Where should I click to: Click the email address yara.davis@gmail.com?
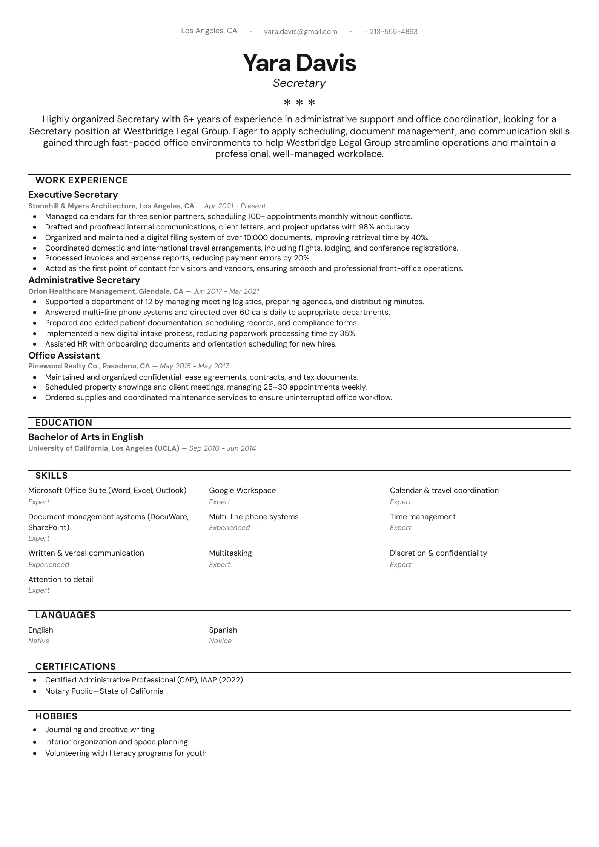click(x=300, y=32)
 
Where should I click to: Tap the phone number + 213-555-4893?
click(x=390, y=32)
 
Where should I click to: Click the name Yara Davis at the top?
click(x=299, y=63)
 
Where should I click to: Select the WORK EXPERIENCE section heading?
click(x=81, y=180)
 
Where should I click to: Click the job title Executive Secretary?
click(x=73, y=195)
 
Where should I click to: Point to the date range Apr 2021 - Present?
click(x=235, y=206)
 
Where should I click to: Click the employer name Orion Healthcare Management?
click(x=81, y=291)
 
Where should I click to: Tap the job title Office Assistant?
click(x=64, y=356)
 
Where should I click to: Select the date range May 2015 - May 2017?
click(x=194, y=366)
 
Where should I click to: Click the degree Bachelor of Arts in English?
click(x=86, y=437)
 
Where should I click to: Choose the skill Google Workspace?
click(x=242, y=490)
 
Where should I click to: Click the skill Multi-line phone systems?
click(x=253, y=517)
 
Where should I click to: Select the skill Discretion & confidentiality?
click(x=438, y=553)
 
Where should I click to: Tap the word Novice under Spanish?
click(x=220, y=641)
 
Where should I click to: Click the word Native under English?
click(x=38, y=641)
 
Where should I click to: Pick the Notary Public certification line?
click(x=104, y=691)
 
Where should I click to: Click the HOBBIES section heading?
click(x=56, y=716)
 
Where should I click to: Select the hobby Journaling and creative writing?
click(x=100, y=730)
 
